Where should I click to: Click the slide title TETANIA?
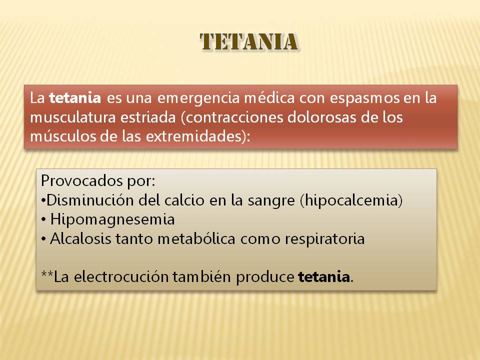tap(249, 42)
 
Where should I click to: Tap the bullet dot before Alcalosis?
tap(43, 239)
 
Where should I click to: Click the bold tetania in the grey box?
tap(324, 277)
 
